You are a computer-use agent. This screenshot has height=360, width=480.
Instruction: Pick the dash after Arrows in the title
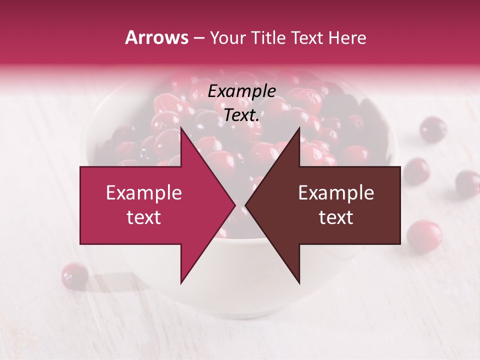pos(198,38)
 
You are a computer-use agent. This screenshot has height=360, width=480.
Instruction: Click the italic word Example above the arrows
pos(242,91)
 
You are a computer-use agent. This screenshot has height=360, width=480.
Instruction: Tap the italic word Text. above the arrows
pos(242,115)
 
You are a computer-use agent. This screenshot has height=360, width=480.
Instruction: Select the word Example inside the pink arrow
pos(144,193)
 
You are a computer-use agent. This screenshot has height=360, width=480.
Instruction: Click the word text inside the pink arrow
pos(144,217)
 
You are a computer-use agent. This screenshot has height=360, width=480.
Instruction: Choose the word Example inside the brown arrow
pos(336,193)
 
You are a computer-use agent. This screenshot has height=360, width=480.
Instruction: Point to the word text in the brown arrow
pos(336,217)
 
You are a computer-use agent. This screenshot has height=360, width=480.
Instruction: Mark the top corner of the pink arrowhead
pos(181,127)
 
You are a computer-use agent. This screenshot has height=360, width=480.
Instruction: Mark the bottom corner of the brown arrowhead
pos(299,283)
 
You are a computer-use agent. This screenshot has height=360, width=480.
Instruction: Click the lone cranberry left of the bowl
pos(75,275)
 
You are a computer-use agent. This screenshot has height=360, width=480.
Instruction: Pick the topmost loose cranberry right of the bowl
pos(432,129)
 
